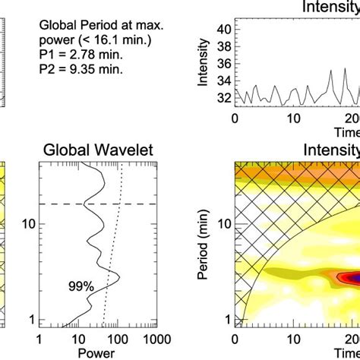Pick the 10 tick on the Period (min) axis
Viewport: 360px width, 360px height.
[223, 224]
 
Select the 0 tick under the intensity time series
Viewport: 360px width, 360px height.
[235, 119]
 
